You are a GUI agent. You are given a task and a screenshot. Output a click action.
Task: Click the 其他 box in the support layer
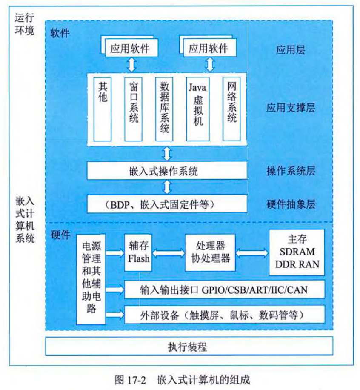(x=103, y=109)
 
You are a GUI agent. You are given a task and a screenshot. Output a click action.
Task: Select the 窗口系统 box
(x=133, y=109)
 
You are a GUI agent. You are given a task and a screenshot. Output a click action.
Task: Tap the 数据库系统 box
(x=164, y=109)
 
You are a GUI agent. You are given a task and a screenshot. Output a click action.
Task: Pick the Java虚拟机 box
(x=197, y=109)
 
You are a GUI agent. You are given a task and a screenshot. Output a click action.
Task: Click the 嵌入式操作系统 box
(x=167, y=171)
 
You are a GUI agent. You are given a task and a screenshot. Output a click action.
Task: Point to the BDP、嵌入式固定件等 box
(x=167, y=204)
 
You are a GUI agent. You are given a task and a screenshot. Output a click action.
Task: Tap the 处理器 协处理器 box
(x=210, y=252)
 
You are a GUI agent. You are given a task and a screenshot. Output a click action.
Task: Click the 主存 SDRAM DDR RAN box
(x=297, y=252)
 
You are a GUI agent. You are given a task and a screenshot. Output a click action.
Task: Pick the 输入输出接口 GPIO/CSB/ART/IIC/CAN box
(x=224, y=290)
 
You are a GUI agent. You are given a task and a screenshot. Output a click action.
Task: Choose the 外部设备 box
(x=224, y=315)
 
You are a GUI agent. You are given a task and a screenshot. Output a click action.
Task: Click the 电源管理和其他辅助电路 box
(x=91, y=279)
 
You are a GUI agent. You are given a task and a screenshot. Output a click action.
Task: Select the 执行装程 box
(x=189, y=346)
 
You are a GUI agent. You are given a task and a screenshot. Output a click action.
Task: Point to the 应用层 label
(x=291, y=50)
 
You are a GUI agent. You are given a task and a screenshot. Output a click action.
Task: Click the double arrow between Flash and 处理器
(x=168, y=253)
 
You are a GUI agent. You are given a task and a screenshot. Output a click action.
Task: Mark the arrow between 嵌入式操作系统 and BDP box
(x=167, y=187)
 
